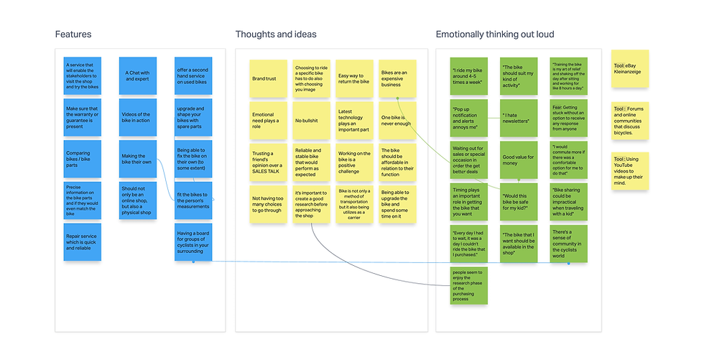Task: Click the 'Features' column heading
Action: click(x=73, y=34)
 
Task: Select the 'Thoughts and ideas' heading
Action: click(x=276, y=34)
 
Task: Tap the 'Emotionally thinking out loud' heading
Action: click(x=495, y=34)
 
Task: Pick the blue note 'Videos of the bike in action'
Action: click(x=137, y=118)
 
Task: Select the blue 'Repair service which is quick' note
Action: click(x=82, y=243)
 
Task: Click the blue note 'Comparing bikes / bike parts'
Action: click(x=82, y=159)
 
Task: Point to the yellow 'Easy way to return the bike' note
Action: click(x=354, y=78)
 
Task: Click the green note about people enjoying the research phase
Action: click(x=468, y=285)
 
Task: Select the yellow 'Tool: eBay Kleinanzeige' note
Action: click(x=629, y=68)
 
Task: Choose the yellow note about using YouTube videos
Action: click(x=629, y=170)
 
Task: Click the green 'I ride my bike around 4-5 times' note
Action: click(x=468, y=75)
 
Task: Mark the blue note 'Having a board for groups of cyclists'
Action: click(x=193, y=242)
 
